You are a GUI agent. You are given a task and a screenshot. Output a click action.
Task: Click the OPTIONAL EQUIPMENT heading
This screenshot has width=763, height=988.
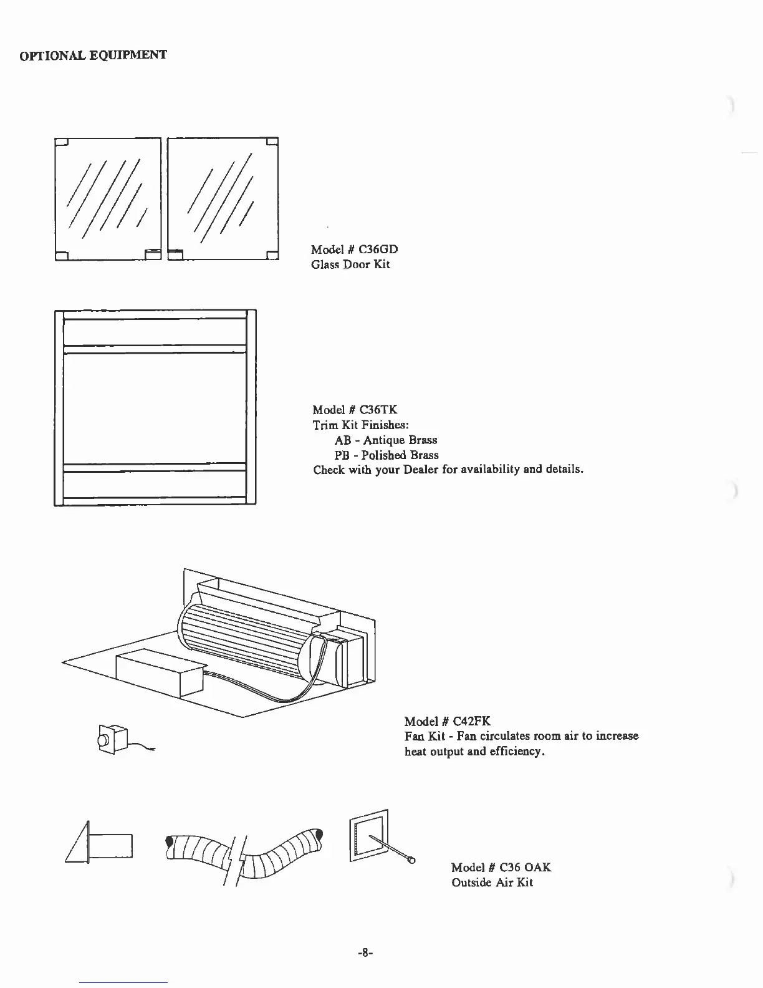click(94, 56)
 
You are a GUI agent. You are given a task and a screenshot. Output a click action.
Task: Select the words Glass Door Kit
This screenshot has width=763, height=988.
click(350, 264)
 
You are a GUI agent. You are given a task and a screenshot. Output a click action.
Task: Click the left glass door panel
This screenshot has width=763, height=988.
click(107, 198)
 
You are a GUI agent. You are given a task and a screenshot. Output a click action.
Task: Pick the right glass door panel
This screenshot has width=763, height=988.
click(223, 198)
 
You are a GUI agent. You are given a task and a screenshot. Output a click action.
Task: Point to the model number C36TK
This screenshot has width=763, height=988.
click(378, 410)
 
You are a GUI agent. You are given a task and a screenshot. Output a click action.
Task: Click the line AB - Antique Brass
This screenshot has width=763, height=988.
click(386, 440)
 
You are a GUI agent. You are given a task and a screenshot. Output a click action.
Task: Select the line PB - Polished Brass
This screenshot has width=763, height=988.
click(386, 455)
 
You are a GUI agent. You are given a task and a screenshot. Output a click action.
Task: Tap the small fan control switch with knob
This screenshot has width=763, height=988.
click(112, 740)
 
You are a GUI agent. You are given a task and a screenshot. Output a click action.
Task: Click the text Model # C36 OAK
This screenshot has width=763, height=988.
click(501, 868)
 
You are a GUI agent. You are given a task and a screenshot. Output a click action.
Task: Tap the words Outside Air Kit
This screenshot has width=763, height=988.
click(492, 883)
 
